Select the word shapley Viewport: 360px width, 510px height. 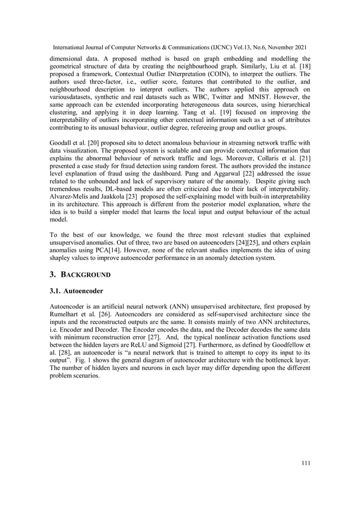coord(63,259)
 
